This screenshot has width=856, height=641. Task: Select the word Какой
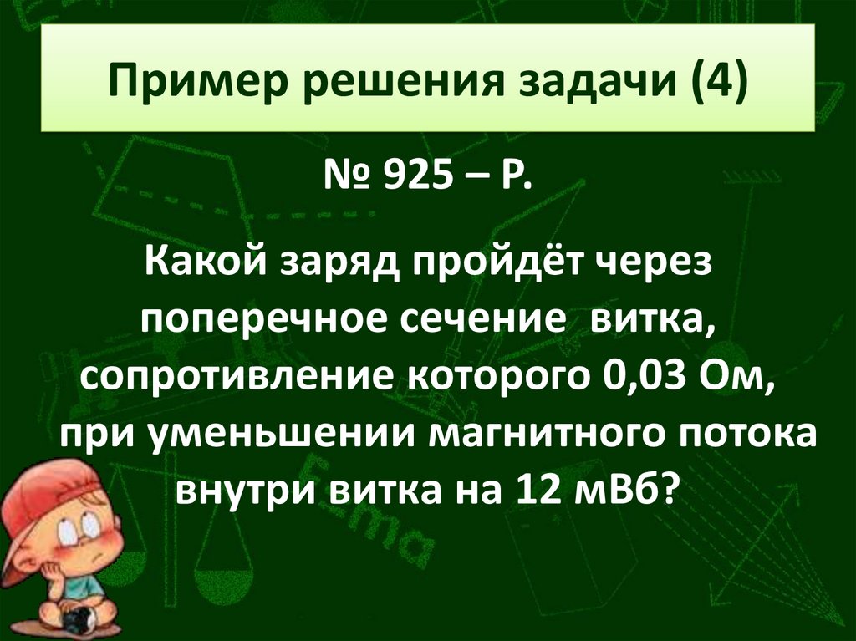tap(200, 270)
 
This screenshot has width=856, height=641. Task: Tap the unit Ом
tap(742, 379)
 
